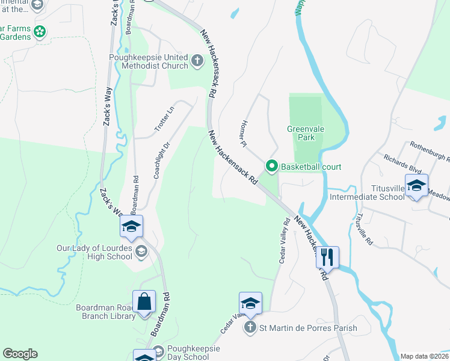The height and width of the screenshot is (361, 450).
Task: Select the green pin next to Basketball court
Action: [271, 167]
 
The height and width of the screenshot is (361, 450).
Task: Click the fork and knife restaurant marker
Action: [327, 257]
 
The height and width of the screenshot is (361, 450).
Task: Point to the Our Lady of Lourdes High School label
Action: [94, 252]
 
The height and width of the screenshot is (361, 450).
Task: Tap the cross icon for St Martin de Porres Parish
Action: [250, 329]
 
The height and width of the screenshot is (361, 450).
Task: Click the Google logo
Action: [20, 354]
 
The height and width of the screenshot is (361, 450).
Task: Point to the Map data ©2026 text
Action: [424, 356]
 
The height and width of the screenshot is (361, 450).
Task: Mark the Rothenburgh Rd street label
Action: [430, 152]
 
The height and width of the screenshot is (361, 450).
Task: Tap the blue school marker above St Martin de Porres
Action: [250, 303]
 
